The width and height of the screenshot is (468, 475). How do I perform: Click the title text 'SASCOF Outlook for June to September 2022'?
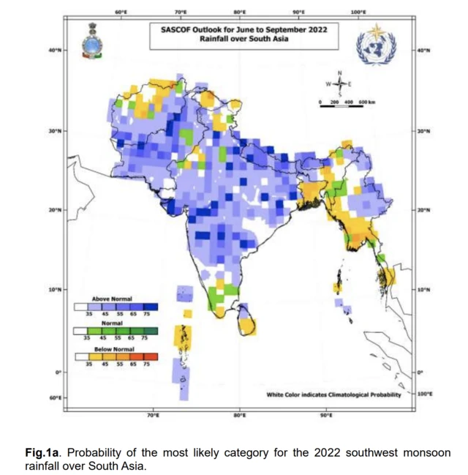coord(244,30)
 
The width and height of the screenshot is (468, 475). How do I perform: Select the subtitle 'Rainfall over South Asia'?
coord(244,39)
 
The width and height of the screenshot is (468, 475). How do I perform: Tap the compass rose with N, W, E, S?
coord(339,83)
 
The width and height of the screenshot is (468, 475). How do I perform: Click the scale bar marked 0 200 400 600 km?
coord(342,102)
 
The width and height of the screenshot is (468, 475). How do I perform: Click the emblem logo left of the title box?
coord(92,42)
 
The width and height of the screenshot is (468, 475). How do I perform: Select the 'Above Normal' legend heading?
coord(111,299)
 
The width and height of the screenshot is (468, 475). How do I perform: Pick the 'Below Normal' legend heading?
coord(111,351)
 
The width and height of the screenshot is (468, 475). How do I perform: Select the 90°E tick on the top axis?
coord(298,12)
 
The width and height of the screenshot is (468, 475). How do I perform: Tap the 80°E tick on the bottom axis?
coord(239,415)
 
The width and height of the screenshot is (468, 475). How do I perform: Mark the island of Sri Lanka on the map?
coord(249,320)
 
